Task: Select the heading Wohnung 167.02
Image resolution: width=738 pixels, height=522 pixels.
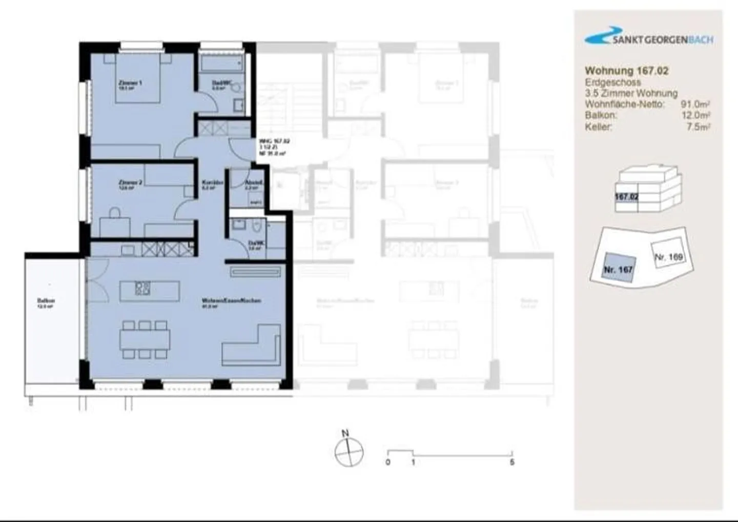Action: (626, 71)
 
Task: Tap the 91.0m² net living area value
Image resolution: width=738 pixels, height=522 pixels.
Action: (695, 104)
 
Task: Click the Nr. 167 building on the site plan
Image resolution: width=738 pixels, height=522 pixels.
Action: (619, 268)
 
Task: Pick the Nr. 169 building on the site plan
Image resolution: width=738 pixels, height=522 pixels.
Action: (669, 256)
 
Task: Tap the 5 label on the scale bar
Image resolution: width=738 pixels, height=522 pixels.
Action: (511, 462)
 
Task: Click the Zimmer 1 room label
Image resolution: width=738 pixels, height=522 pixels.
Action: (130, 83)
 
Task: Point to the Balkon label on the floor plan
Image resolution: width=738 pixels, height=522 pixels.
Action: (46, 301)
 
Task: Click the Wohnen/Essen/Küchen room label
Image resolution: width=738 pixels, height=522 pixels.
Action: (231, 300)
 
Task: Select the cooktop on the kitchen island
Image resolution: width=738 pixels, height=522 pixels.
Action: (142, 289)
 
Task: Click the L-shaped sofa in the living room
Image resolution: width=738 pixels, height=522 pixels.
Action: (252, 345)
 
